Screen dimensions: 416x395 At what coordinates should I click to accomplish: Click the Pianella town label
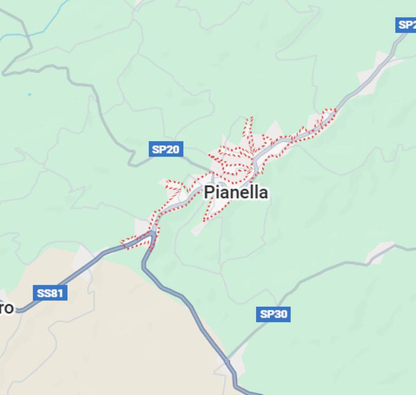pyautogui.click(x=236, y=192)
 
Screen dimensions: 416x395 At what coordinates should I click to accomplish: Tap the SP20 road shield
pyautogui.click(x=166, y=150)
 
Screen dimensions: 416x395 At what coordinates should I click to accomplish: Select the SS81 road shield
pyautogui.click(x=50, y=293)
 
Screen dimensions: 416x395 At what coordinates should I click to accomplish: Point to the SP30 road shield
pyautogui.click(x=273, y=314)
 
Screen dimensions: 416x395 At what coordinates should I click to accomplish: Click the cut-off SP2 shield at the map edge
pyautogui.click(x=406, y=24)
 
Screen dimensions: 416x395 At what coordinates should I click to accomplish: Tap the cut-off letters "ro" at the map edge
pyautogui.click(x=7, y=309)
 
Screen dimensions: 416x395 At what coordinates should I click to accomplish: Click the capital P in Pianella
pyautogui.click(x=209, y=192)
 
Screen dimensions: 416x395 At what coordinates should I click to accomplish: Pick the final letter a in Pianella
pyautogui.click(x=263, y=193)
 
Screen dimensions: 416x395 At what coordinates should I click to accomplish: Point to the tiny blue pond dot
pyautogui.click(x=29, y=95)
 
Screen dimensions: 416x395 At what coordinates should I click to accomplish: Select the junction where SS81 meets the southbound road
pyautogui.click(x=153, y=235)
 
